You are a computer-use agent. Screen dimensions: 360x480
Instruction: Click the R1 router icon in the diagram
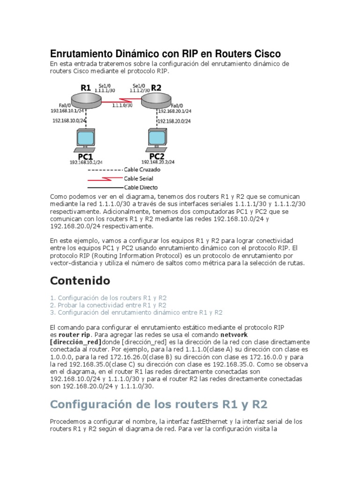pos(84,98)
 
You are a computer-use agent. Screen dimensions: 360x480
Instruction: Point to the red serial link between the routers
pos(121,100)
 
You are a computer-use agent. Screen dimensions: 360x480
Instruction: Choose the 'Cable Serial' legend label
pos(138,179)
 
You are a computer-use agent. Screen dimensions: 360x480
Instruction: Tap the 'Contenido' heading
pos(80,281)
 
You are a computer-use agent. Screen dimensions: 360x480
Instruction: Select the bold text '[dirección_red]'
pos(75,342)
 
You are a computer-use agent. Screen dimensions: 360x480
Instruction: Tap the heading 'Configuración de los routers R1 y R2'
pos(159,404)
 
